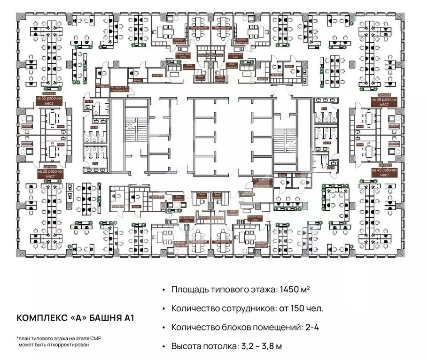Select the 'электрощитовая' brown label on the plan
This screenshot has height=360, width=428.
pyautogui.click(x=262, y=184)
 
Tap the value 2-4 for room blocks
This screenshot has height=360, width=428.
pyautogui.click(x=313, y=327)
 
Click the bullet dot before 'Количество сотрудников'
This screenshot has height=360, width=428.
pyautogui.click(x=163, y=308)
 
